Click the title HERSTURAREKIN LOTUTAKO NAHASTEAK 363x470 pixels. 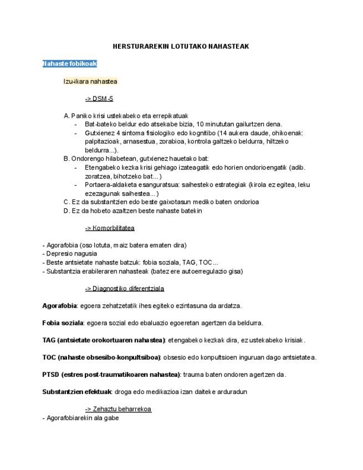click(181, 46)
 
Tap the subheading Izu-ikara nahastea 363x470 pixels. click(90, 81)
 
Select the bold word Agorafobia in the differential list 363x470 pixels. click(59, 305)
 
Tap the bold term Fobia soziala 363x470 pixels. click(63, 323)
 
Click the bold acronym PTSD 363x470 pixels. click(50, 375)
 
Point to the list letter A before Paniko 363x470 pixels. click(67, 116)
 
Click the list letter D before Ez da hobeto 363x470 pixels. click(67, 211)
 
